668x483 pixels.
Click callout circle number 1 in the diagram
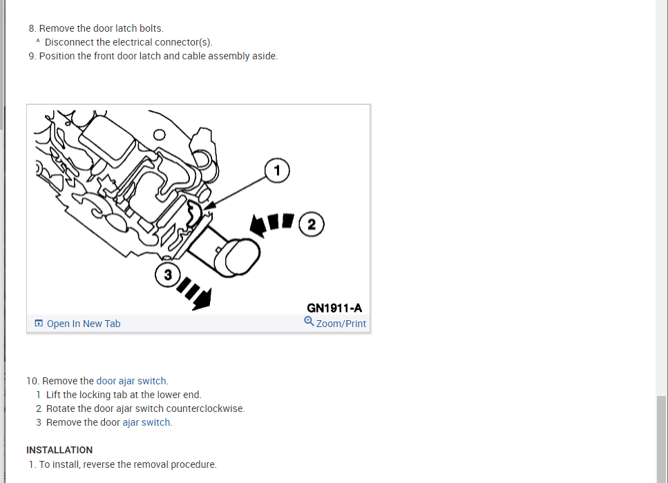tap(276, 170)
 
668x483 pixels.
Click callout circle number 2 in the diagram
tap(312, 224)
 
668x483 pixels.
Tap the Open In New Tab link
tap(83, 324)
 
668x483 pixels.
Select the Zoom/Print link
tap(341, 324)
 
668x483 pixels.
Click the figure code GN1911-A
tap(334, 308)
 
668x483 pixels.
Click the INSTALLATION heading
tap(59, 450)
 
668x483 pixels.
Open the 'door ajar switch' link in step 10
tap(131, 381)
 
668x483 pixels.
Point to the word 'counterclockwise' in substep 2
tap(205, 408)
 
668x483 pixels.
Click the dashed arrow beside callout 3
tap(195, 295)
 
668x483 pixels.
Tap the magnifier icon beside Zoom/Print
tap(309, 322)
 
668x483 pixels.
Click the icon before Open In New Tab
tap(39, 324)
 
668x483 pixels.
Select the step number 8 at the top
tap(32, 28)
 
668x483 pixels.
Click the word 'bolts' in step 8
tap(150, 28)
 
